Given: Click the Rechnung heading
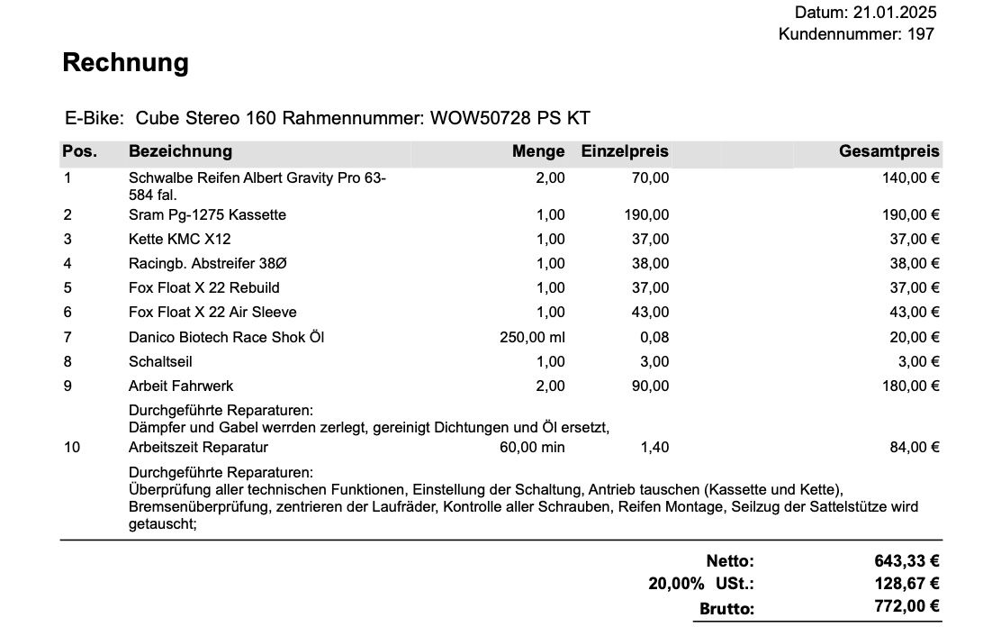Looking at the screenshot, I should [x=125, y=63].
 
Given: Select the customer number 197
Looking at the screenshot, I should [x=921, y=35].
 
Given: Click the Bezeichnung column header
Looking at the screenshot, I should [x=180, y=151].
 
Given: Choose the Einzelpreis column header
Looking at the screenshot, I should [x=625, y=151].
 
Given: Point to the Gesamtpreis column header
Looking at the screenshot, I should [x=888, y=151].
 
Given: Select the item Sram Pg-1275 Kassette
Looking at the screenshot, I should [x=207, y=215].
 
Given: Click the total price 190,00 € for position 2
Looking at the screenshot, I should [x=910, y=215].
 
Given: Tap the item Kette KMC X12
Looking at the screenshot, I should [x=180, y=240].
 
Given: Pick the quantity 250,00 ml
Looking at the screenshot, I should [x=532, y=338].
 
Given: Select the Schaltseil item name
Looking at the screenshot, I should [x=160, y=362].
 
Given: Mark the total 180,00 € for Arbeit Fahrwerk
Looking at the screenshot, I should [x=910, y=386].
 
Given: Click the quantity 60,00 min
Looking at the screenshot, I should [x=532, y=448].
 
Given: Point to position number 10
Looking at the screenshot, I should [x=72, y=448].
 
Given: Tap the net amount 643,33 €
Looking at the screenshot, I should [x=906, y=561].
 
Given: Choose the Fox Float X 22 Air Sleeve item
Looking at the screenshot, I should [x=212, y=313].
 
